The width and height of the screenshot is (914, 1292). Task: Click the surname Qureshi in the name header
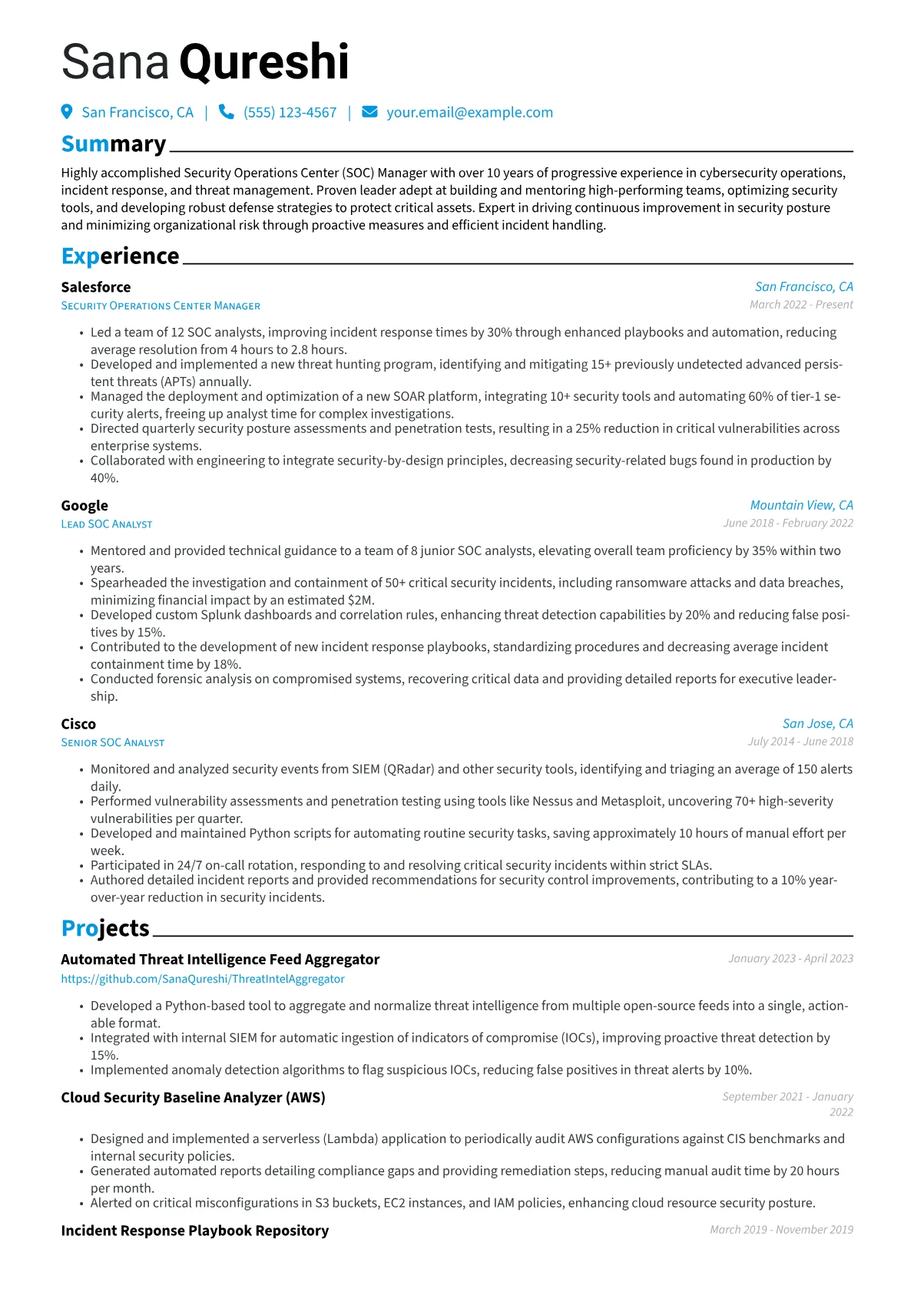point(264,62)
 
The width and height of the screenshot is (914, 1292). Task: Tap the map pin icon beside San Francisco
point(67,112)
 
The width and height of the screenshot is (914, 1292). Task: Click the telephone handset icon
point(226,112)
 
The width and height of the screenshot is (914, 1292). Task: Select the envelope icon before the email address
point(369,112)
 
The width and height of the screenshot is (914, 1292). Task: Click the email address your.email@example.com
point(469,112)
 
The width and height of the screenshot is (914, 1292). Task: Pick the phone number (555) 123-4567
point(290,112)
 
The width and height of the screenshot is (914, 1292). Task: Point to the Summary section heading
point(114,144)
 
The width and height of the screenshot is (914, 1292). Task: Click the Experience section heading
point(120,256)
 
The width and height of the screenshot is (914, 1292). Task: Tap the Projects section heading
point(105,928)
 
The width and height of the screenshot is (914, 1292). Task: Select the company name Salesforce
point(96,287)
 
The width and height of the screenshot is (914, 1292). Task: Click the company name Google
point(84,505)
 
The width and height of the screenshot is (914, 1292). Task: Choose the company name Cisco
point(78,724)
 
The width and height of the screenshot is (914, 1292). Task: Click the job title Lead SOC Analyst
point(107,524)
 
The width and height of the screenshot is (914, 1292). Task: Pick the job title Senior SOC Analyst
point(113,742)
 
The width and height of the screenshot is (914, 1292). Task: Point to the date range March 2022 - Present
point(801,305)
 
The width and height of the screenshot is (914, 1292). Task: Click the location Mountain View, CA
point(801,505)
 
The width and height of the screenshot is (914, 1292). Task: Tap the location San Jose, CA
point(817,723)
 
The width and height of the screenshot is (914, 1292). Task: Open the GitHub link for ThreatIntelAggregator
point(203,979)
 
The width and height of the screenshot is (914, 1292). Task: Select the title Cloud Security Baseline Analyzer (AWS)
point(193,1098)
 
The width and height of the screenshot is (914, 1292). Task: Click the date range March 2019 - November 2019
point(781,1230)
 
